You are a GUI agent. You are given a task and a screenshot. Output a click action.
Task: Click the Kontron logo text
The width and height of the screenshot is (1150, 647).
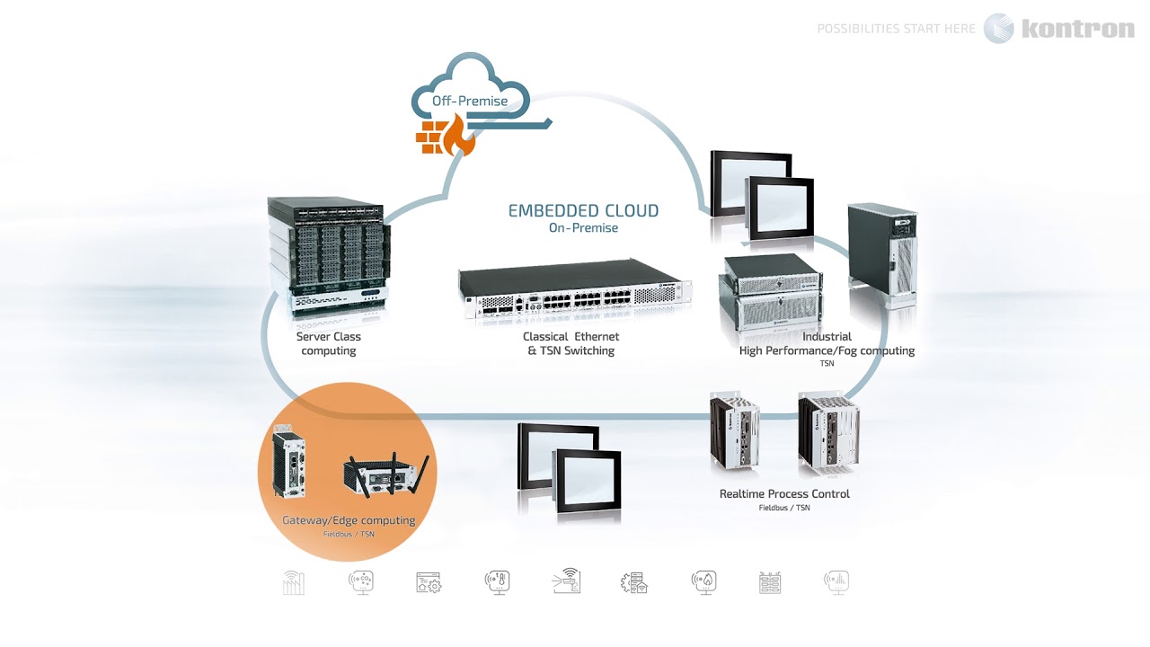point(1077,29)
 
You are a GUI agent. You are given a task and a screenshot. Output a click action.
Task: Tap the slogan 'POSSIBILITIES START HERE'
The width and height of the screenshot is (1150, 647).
point(896,29)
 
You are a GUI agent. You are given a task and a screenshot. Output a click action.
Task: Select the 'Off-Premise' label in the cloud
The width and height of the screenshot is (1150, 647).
point(470,101)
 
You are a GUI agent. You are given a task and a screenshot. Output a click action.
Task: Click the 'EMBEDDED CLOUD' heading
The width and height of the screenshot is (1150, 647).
point(583,211)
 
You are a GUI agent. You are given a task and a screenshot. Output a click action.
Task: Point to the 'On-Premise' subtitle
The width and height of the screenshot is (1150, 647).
point(583,228)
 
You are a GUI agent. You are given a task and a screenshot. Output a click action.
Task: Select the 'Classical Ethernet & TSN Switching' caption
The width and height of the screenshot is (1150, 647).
point(571,343)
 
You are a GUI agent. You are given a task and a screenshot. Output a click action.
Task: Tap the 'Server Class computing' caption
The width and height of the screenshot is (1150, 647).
point(329,343)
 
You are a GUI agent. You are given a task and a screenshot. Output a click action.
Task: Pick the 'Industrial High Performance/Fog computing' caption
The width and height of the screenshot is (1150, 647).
point(827,344)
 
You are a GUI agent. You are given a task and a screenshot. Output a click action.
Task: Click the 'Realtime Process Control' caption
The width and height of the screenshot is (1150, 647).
point(784,494)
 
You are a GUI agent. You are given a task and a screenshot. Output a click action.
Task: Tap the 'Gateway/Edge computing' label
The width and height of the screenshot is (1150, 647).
point(349,520)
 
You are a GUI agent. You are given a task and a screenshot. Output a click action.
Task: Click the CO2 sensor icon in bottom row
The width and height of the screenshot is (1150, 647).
point(361,582)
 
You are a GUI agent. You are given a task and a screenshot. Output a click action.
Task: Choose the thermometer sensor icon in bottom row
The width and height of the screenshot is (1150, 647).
point(497,582)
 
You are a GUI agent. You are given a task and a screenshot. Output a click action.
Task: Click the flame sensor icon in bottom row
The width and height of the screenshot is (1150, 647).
point(703,582)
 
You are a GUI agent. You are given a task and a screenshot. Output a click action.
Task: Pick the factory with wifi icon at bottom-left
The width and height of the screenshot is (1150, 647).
point(294,582)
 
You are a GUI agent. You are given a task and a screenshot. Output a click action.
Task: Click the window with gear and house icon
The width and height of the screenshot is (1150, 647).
point(429,582)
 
